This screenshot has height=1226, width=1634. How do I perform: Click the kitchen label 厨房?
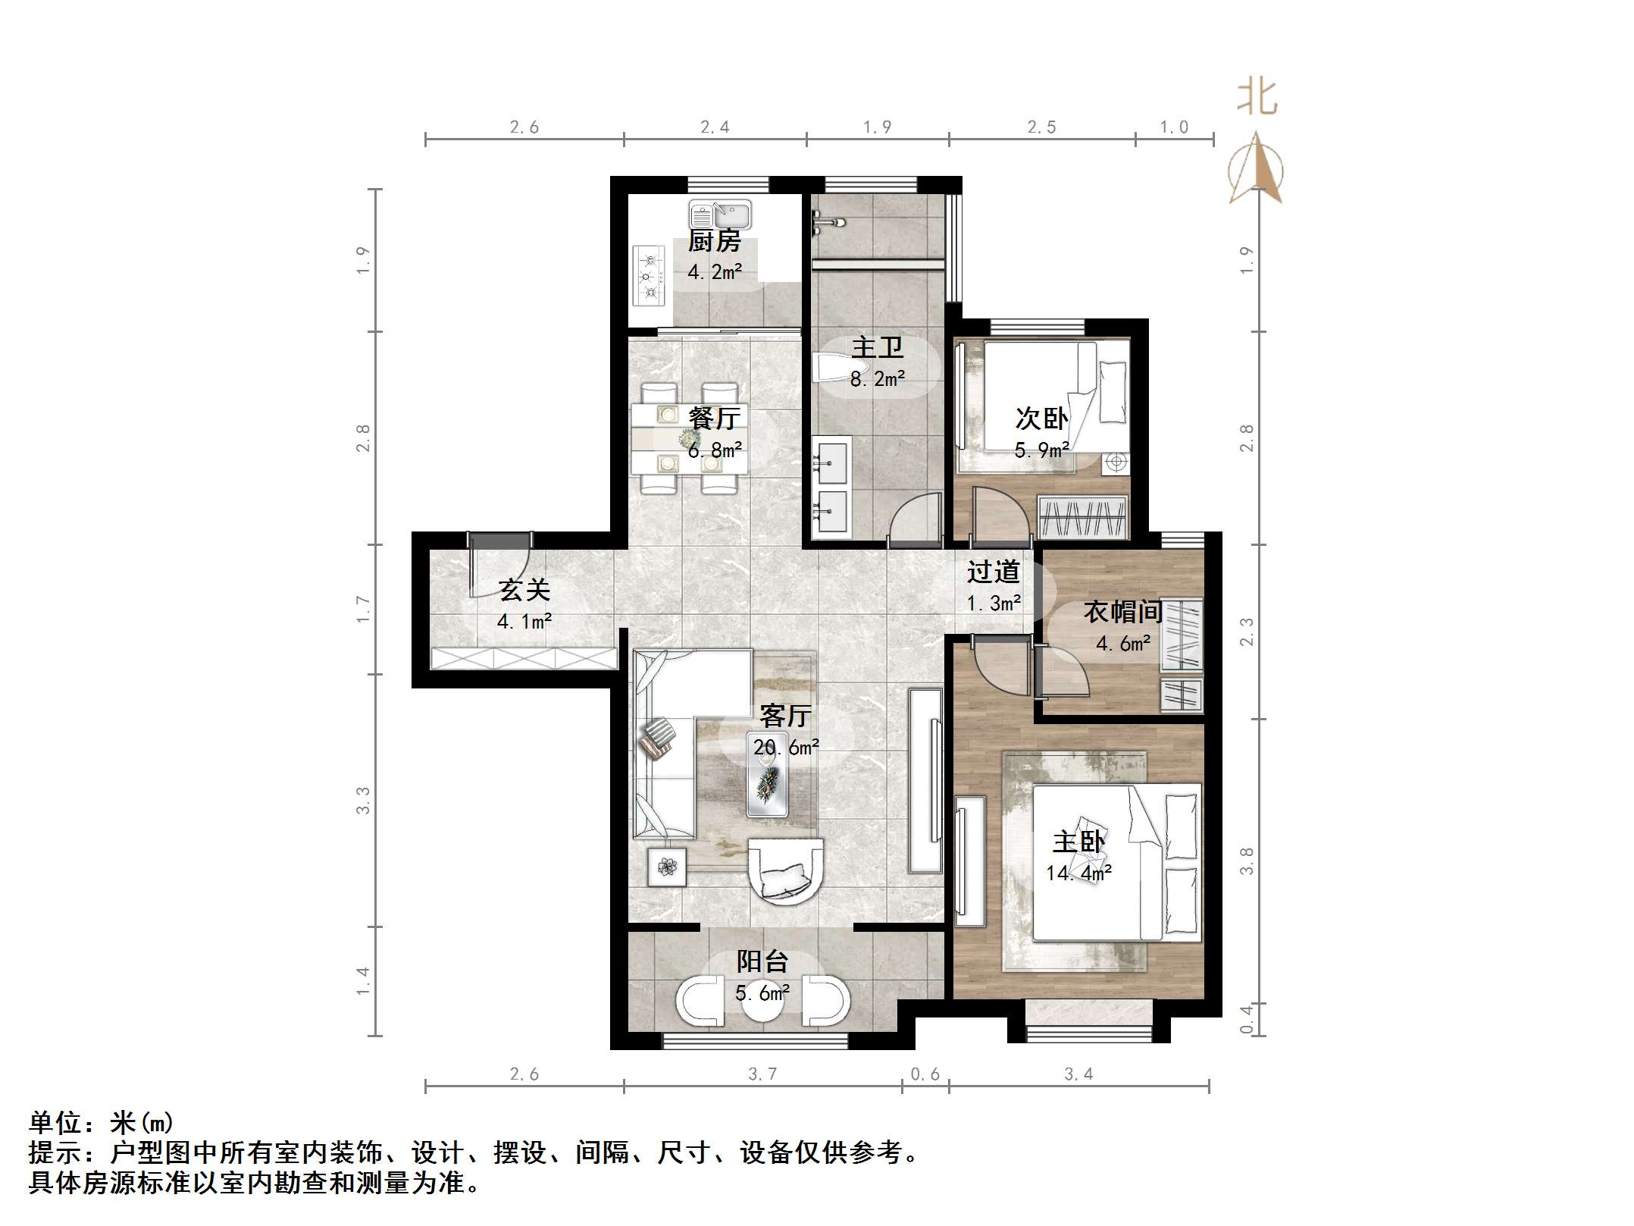(714, 241)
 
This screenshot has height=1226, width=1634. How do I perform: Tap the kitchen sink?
(720, 215)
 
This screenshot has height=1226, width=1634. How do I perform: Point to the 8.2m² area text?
(878, 379)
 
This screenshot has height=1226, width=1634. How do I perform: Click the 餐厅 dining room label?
(714, 418)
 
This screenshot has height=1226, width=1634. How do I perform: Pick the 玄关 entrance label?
(524, 590)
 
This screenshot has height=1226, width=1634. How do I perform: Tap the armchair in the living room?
(786, 870)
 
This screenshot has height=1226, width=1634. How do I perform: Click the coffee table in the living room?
(768, 775)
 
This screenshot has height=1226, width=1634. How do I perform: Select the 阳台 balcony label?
(762, 961)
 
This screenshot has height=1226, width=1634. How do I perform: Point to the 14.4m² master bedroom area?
(1079, 873)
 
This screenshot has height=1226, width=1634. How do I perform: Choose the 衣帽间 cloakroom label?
(1123, 612)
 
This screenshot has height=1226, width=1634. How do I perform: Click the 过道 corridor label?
(994, 572)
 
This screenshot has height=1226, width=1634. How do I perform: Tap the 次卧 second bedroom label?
(1042, 418)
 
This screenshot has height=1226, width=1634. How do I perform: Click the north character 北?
(1257, 97)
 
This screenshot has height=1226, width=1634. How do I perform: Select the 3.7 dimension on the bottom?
(762, 1074)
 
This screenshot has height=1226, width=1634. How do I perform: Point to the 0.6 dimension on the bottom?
(925, 1074)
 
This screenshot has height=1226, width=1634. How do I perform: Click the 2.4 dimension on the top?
(715, 127)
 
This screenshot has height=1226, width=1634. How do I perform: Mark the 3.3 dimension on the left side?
(364, 800)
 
